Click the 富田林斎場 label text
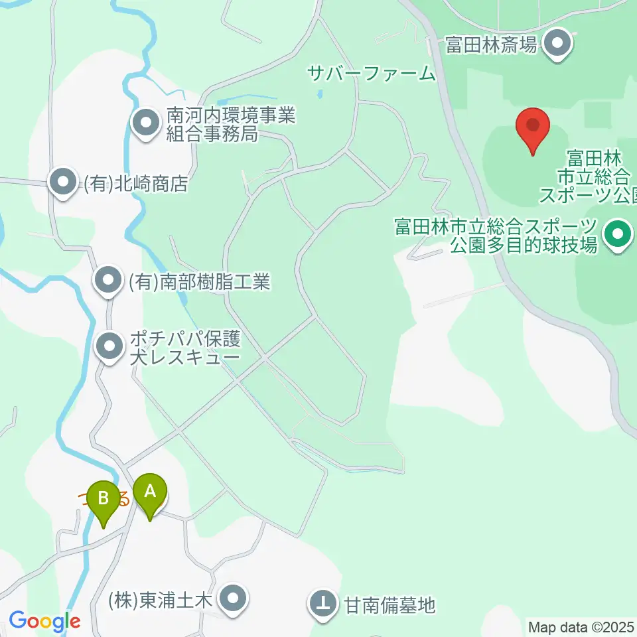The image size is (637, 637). pyautogui.click(x=490, y=45)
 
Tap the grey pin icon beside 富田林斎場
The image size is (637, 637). pyautogui.click(x=557, y=44)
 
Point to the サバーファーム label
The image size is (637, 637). pyautogui.click(x=372, y=73)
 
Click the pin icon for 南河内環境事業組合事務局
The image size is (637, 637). pyautogui.click(x=144, y=123)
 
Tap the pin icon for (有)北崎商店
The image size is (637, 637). pyautogui.click(x=63, y=182)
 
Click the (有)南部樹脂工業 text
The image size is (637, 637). pyautogui.click(x=199, y=282)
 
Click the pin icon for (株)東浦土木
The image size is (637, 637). pyautogui.click(x=232, y=601)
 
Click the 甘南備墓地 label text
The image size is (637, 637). pyautogui.click(x=389, y=604)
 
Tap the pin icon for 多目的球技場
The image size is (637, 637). pyautogui.click(x=618, y=235)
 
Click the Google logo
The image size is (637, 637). pyautogui.click(x=44, y=621)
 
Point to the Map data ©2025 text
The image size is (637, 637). pyautogui.click(x=581, y=626)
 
